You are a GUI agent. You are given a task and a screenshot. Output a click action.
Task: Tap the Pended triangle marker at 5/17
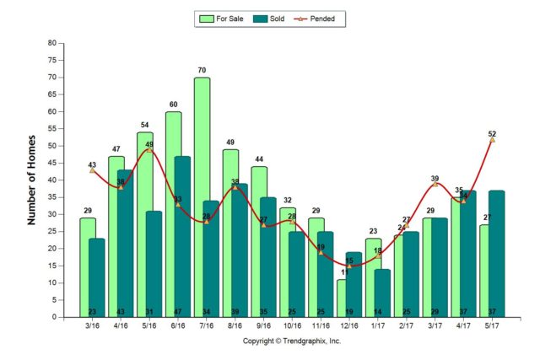491,140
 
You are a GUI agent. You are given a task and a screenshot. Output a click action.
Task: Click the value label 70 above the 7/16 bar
202,70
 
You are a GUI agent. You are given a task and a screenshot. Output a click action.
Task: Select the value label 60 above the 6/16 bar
174,105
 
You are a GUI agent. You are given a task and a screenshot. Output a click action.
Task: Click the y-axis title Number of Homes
32,180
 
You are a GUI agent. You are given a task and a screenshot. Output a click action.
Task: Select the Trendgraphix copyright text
292,341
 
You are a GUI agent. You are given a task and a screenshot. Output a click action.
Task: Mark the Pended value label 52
491,134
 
